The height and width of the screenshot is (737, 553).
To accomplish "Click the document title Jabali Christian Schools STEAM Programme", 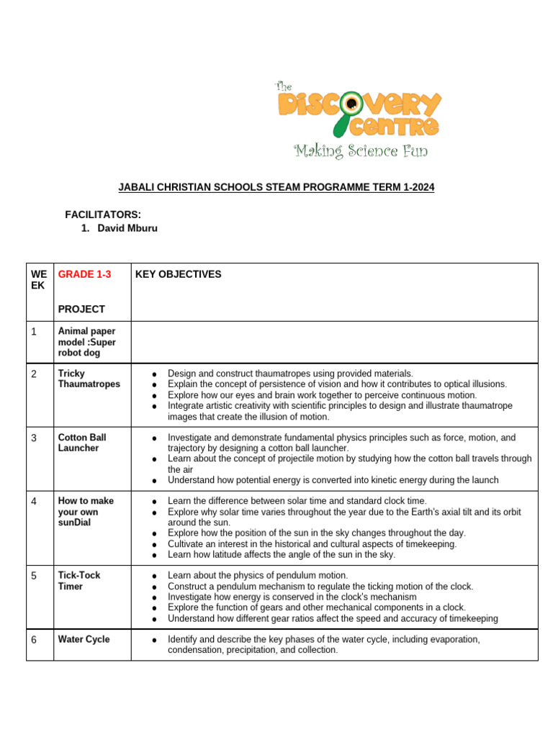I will [x=276, y=188].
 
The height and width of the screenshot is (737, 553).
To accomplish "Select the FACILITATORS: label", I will [x=103, y=214].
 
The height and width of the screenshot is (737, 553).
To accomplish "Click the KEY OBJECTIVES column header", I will [x=178, y=274].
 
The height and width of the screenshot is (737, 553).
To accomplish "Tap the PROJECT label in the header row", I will [x=81, y=309].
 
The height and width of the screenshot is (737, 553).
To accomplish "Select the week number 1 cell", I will [x=34, y=331].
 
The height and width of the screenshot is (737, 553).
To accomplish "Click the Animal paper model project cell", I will [x=86, y=342].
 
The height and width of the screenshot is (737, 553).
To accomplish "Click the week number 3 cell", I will [x=34, y=438].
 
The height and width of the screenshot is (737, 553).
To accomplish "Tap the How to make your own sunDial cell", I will [x=86, y=511].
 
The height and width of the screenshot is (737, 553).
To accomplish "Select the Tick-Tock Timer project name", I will [x=79, y=581].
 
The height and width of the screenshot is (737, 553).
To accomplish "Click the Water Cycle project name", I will [x=84, y=639].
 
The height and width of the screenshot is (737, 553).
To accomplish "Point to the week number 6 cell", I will [x=34, y=639].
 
